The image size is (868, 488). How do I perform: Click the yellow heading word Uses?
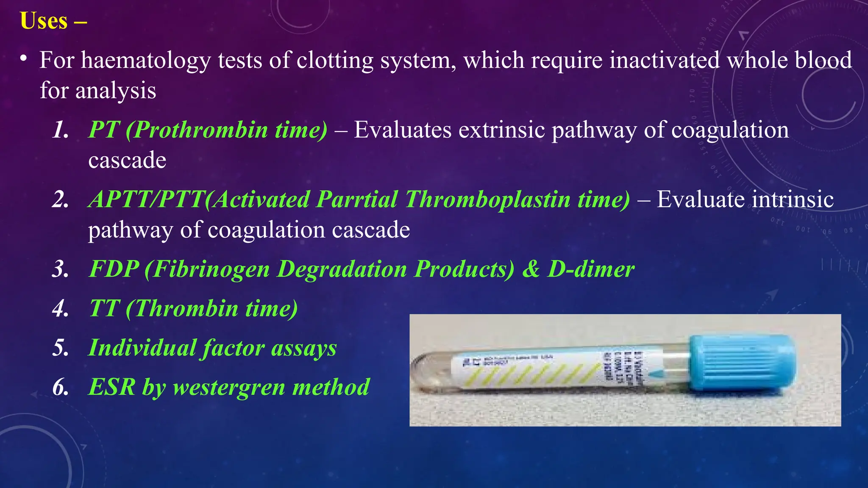pyautogui.click(x=44, y=21)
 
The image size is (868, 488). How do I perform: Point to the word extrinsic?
pyautogui.click(x=501, y=130)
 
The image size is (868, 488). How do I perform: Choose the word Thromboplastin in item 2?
pyautogui.click(x=488, y=199)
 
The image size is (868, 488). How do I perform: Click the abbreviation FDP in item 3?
pyautogui.click(x=114, y=269)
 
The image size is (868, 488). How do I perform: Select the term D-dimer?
pyautogui.click(x=591, y=269)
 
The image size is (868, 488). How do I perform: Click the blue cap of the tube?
pyautogui.click(x=742, y=363)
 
